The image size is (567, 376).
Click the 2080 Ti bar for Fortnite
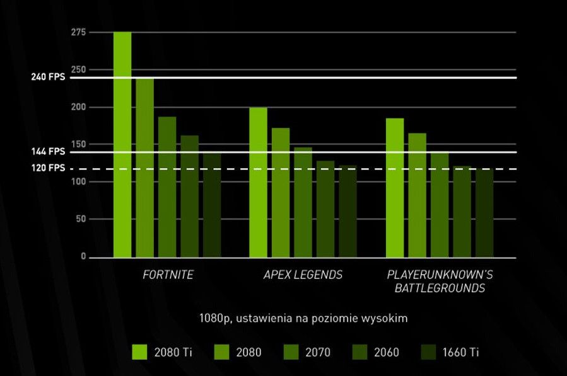[122, 145]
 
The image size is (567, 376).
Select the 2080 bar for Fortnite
[144, 168]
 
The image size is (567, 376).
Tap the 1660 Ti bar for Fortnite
[212, 205]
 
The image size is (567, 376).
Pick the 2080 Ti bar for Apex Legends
[258, 183]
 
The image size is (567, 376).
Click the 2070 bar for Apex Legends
[303, 202]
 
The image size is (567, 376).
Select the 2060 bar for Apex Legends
[325, 209]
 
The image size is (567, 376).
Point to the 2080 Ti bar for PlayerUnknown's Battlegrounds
[395, 188]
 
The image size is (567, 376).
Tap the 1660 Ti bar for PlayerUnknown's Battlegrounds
[484, 213]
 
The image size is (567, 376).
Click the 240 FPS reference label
[48, 77]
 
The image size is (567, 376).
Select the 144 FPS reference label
[48, 152]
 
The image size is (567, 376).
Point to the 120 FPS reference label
[48, 169]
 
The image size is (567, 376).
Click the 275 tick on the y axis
[79, 32]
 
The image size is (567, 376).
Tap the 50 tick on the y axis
[81, 219]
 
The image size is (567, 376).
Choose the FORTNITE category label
[168, 275]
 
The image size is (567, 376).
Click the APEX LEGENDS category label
[303, 275]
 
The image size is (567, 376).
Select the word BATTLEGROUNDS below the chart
[440, 288]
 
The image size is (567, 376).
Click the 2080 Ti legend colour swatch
[140, 351]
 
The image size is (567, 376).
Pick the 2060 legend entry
[377, 352]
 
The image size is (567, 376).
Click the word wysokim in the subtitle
[388, 319]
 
